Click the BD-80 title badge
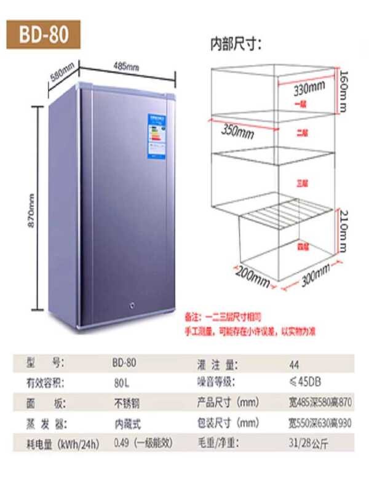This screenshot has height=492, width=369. (x=42, y=35)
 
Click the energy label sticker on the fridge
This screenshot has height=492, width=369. (x=159, y=137)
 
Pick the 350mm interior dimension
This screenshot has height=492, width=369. (x=237, y=132)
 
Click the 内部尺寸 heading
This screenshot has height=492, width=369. (x=236, y=44)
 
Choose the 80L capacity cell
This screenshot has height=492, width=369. (x=121, y=382)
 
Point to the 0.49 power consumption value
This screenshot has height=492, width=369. (x=122, y=443)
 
